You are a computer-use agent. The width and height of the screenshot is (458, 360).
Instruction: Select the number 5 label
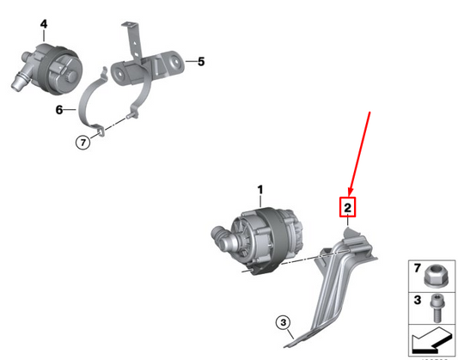tap(201, 61)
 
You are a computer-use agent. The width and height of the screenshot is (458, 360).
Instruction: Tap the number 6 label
tap(59, 110)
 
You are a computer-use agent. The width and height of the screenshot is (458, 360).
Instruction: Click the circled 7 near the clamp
tap(82, 143)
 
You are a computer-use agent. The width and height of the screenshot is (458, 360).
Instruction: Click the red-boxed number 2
tap(348, 207)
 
